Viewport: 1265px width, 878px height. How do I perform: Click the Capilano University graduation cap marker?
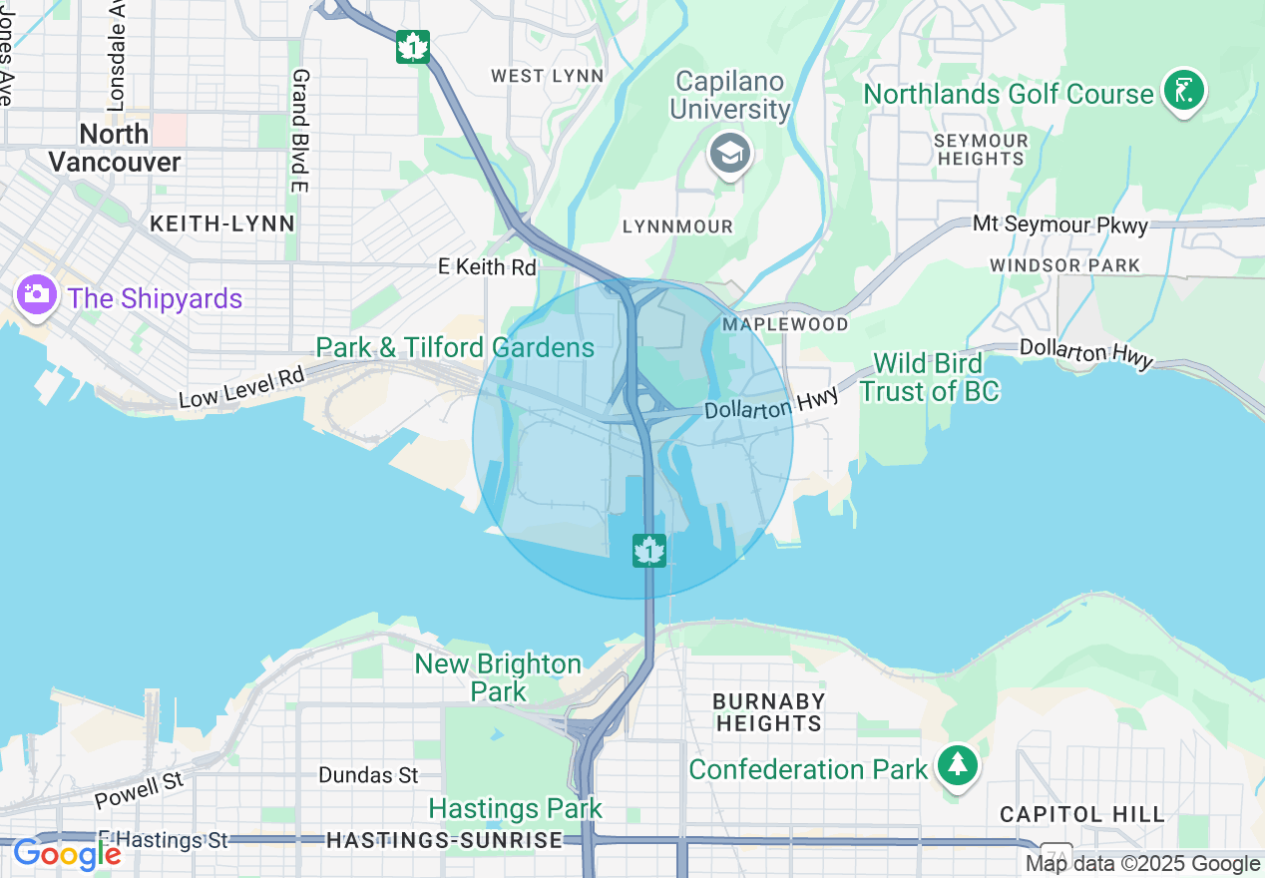click(730, 154)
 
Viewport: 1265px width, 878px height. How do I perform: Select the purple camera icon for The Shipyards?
click(36, 295)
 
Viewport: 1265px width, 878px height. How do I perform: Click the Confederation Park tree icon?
click(958, 765)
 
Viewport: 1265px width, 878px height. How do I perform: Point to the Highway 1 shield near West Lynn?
click(412, 47)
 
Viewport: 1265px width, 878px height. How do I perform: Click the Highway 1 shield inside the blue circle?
click(649, 550)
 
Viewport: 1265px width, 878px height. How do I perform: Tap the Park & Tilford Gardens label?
click(455, 347)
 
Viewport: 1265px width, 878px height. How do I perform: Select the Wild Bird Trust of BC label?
click(929, 377)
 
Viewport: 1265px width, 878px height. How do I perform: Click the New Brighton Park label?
click(498, 676)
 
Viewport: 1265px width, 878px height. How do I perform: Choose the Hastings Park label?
click(516, 807)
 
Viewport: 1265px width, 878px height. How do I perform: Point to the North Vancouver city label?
click(115, 148)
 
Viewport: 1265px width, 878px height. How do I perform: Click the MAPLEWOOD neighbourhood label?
click(786, 324)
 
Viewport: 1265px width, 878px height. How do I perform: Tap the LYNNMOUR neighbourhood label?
click(677, 226)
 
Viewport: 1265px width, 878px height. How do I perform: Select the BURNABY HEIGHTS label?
click(768, 712)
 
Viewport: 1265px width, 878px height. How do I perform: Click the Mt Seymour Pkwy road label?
click(1060, 224)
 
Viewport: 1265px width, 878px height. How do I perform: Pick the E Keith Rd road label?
click(488, 266)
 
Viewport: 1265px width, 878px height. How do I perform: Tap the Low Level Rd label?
click(240, 386)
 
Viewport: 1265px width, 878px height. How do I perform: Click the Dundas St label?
click(368, 775)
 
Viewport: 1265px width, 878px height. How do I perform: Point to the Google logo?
click(67, 854)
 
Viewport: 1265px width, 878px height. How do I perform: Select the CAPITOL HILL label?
click(1082, 814)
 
